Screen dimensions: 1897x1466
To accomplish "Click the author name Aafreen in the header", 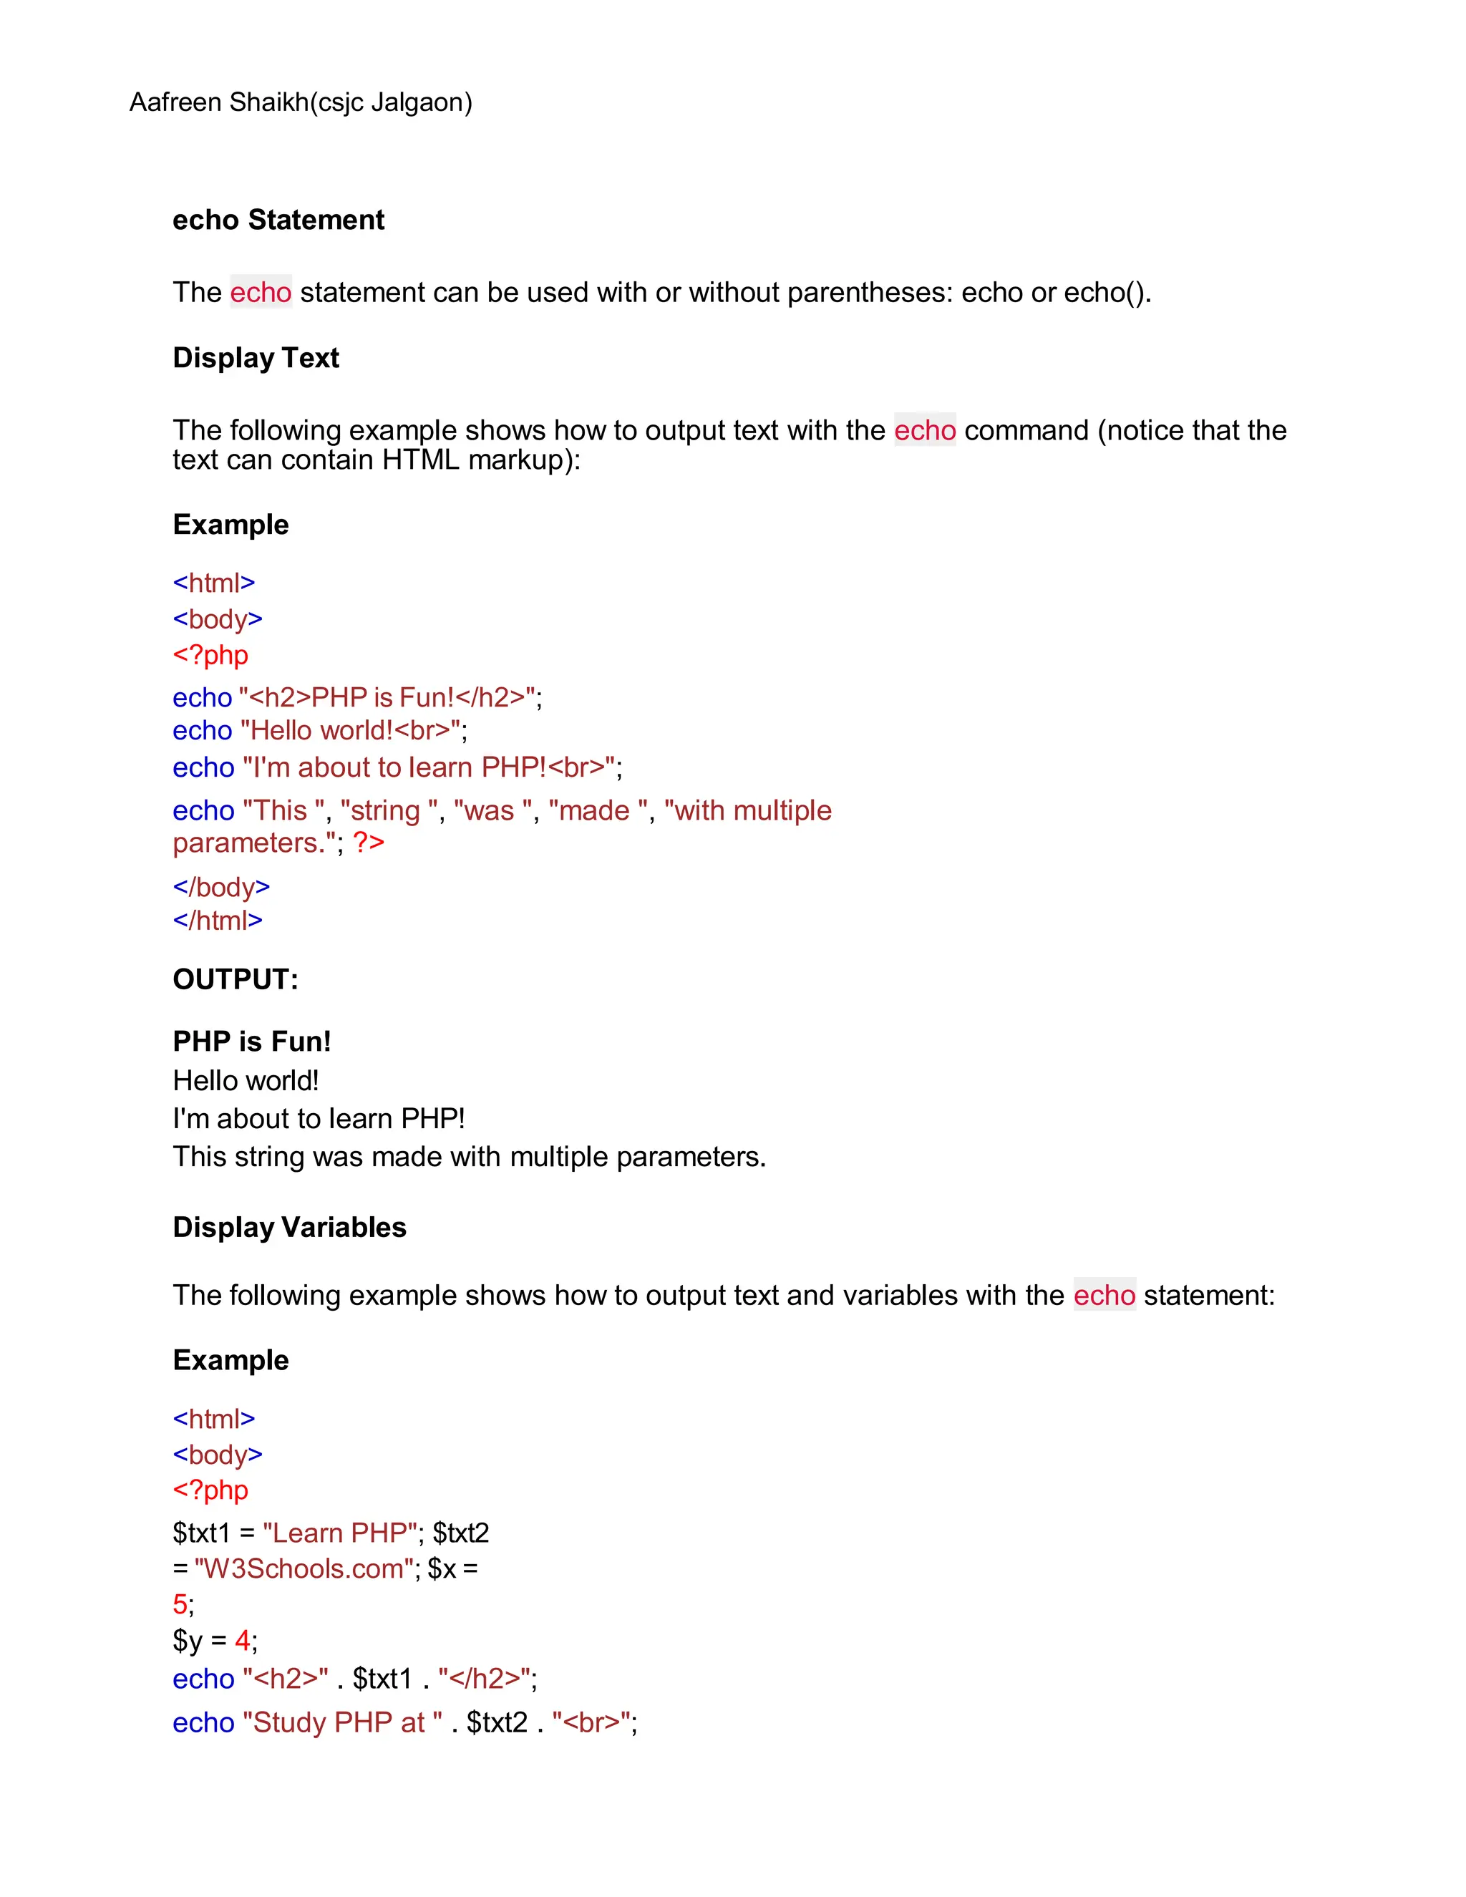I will [175, 102].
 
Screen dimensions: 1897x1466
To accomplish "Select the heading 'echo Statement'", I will [278, 220].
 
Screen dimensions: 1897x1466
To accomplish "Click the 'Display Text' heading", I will [256, 358].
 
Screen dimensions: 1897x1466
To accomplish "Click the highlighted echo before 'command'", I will [924, 430].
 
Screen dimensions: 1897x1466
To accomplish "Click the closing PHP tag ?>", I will [368, 843].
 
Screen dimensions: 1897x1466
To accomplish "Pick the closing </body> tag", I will [221, 887].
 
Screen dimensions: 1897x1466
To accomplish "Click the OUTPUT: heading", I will [236, 980].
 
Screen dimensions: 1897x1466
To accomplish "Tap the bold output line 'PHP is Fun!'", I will [252, 1042].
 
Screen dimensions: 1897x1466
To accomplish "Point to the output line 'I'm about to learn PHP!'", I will [319, 1119].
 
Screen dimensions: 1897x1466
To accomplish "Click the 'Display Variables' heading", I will [289, 1227].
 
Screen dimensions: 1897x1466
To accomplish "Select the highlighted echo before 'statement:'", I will [1104, 1295].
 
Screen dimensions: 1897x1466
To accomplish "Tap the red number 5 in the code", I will [180, 1604].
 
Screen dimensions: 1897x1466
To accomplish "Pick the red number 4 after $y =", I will [243, 1641].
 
